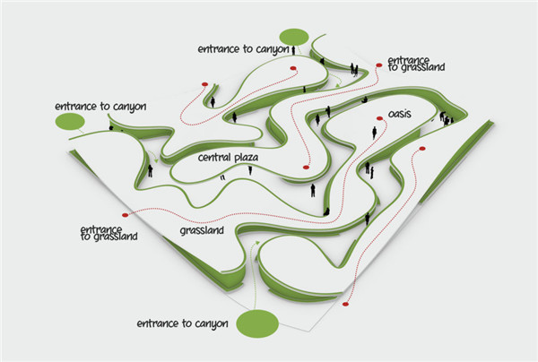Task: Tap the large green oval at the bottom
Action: coord(258,323)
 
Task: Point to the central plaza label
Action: coord(229,158)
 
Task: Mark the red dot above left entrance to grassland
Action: coord(128,215)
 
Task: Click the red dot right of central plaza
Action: coord(304,168)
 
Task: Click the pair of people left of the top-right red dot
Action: coord(354,68)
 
